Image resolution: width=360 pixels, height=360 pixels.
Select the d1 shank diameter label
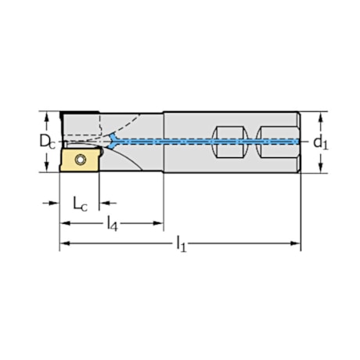click(320, 142)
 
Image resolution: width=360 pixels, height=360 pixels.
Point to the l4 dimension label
click(113, 224)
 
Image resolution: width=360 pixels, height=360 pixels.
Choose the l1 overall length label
click(181, 245)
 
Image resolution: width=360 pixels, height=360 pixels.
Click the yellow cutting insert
click(79, 160)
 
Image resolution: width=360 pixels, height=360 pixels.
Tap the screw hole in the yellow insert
click(81, 160)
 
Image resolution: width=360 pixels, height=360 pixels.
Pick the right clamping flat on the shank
click(273, 142)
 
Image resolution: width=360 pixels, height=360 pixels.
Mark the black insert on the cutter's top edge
click(77, 113)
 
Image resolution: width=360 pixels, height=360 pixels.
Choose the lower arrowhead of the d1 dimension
click(320, 167)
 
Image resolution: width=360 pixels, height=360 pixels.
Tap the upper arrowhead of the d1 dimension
click(320, 117)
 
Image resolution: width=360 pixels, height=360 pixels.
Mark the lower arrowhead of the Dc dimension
click(52, 167)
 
